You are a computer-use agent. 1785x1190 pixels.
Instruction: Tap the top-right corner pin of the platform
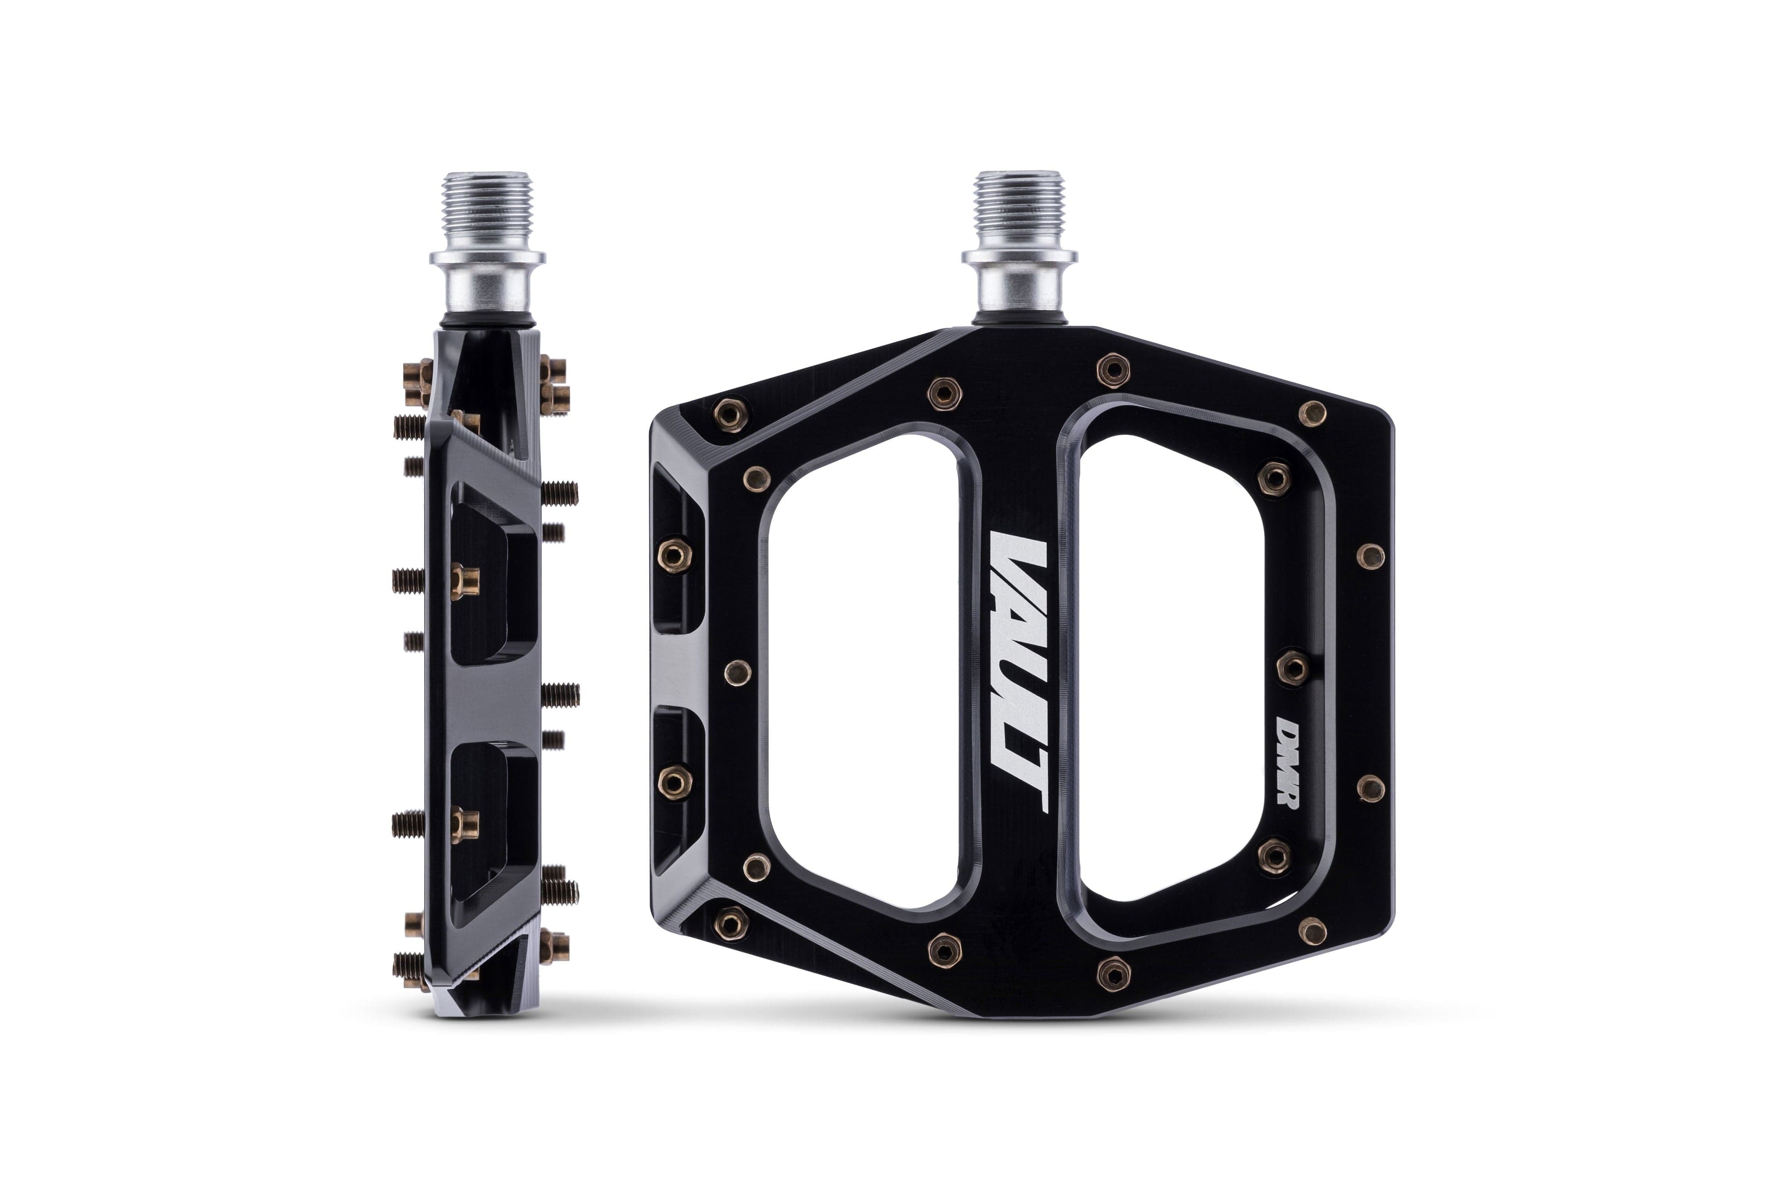tap(1312, 414)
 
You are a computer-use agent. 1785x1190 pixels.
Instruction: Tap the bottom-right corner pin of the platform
tap(1312, 931)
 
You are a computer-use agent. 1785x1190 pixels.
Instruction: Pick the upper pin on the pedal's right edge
tap(1369, 556)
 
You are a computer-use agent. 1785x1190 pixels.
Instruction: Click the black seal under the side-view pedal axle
tap(486, 325)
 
